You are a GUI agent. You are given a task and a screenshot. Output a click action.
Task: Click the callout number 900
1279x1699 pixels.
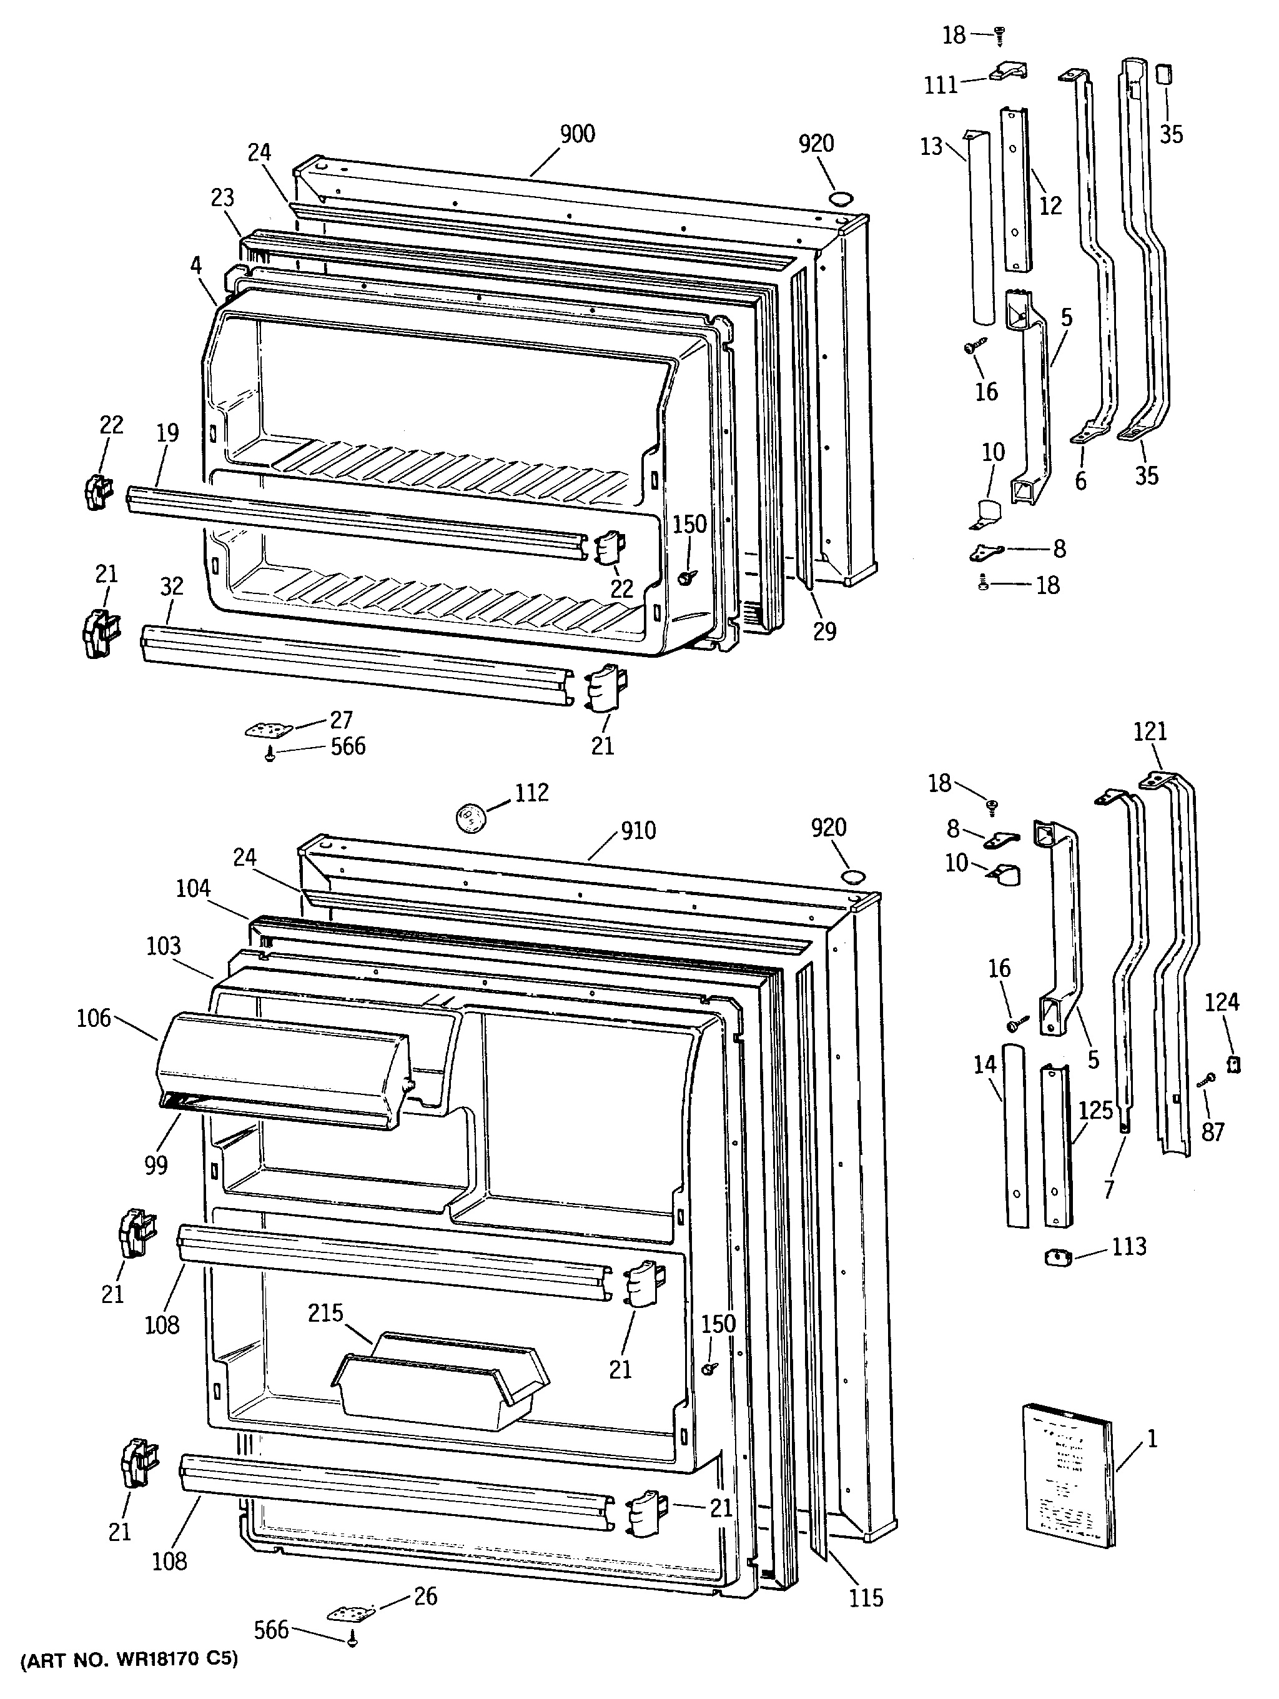(577, 134)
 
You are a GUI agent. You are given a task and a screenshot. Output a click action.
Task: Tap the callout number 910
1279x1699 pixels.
(638, 830)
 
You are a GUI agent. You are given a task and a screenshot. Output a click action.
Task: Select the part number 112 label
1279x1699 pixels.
(531, 792)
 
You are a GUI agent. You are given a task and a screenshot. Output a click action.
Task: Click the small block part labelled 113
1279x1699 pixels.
(1057, 1257)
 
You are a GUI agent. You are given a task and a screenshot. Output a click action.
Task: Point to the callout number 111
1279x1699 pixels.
(941, 84)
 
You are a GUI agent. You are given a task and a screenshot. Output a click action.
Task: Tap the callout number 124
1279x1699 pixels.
(1222, 1001)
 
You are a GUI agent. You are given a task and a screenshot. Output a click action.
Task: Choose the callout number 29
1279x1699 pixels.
(824, 631)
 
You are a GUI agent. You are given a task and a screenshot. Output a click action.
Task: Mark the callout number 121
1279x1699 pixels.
(1150, 731)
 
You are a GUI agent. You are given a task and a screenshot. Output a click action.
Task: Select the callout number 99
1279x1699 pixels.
(156, 1165)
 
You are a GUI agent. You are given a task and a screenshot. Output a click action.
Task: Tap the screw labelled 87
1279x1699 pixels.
(1206, 1079)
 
